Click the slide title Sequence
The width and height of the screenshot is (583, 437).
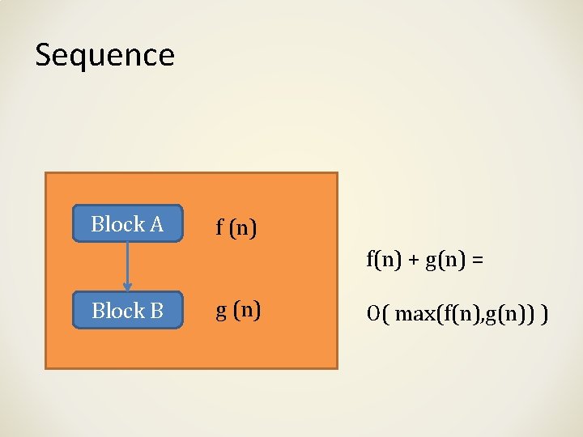point(104,55)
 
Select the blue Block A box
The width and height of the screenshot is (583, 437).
point(128,224)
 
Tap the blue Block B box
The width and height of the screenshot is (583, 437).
point(128,310)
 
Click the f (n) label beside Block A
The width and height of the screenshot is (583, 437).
point(236,227)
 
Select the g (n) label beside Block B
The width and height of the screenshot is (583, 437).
point(237,311)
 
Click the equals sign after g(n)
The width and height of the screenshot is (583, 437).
point(475,260)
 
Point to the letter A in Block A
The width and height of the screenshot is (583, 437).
point(156,224)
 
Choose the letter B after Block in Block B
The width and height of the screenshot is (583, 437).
point(156,310)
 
